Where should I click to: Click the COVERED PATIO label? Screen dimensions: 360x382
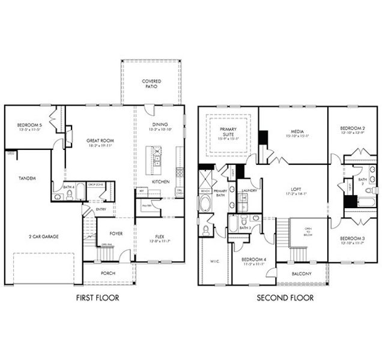(x=150, y=83)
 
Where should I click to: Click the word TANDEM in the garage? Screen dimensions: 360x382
(x=26, y=178)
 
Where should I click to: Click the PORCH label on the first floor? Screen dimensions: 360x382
(x=108, y=273)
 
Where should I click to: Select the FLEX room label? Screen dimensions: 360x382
(x=159, y=235)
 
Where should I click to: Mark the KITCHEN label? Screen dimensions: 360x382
(x=160, y=181)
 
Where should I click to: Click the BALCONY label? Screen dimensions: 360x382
(x=302, y=274)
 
